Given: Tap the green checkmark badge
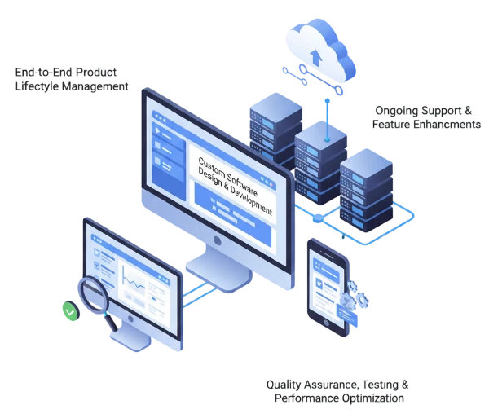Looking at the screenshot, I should tap(70, 311).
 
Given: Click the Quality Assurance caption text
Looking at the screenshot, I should tap(335, 391).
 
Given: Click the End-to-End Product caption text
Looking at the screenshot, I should tap(73, 77).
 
